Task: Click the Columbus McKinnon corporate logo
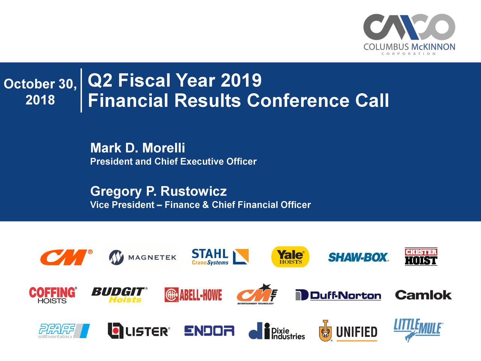click(x=409, y=34)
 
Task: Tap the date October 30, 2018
click(x=40, y=91)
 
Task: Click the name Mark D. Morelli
click(x=138, y=148)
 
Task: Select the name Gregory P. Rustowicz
click(x=158, y=191)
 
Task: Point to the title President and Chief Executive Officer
click(x=173, y=162)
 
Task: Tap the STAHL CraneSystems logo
click(x=219, y=257)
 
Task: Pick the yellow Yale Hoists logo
click(x=290, y=257)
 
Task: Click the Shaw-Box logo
click(x=358, y=257)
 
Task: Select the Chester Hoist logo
click(x=421, y=257)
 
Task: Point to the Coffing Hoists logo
click(x=53, y=295)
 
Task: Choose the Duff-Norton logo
click(x=338, y=295)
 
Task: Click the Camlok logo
click(x=423, y=295)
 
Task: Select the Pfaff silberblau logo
click(x=64, y=331)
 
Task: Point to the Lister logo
click(x=139, y=331)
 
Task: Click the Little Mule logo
click(x=418, y=329)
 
